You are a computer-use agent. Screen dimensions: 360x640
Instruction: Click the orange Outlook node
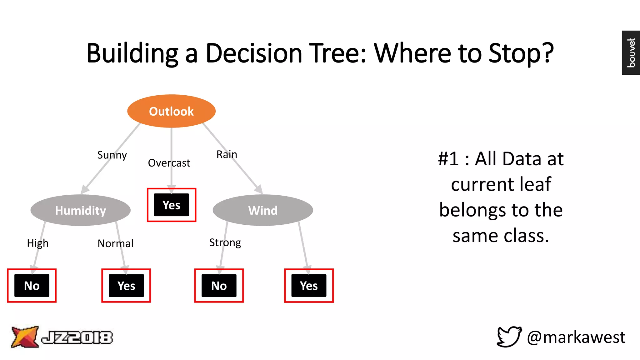171,111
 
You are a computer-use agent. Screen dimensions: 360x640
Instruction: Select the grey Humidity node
80,210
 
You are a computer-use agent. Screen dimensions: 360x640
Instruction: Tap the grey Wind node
262,210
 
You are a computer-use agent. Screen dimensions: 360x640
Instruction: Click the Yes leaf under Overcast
171,205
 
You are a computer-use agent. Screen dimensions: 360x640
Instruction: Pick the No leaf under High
32,286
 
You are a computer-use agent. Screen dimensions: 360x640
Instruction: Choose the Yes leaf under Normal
126,286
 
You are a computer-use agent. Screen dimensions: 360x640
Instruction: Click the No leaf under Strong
219,286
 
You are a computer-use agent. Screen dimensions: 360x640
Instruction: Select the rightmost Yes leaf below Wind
309,286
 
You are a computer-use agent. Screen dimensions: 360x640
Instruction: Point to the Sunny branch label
112,155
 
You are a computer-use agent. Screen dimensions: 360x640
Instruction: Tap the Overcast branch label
169,163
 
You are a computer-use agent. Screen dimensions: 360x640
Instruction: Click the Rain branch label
227,154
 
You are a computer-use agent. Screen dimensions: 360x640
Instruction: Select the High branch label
37,243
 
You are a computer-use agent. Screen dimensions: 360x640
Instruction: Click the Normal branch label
115,243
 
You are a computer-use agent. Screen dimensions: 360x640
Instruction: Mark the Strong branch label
225,242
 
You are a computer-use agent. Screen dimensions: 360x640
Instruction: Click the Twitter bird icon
509,337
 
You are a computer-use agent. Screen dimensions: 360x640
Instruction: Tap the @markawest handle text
576,337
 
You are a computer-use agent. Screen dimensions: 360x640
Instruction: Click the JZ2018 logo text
77,337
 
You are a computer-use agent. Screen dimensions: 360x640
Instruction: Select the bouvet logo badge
631,53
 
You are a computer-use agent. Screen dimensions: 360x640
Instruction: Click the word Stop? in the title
521,53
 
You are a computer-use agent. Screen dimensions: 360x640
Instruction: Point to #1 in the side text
448,159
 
